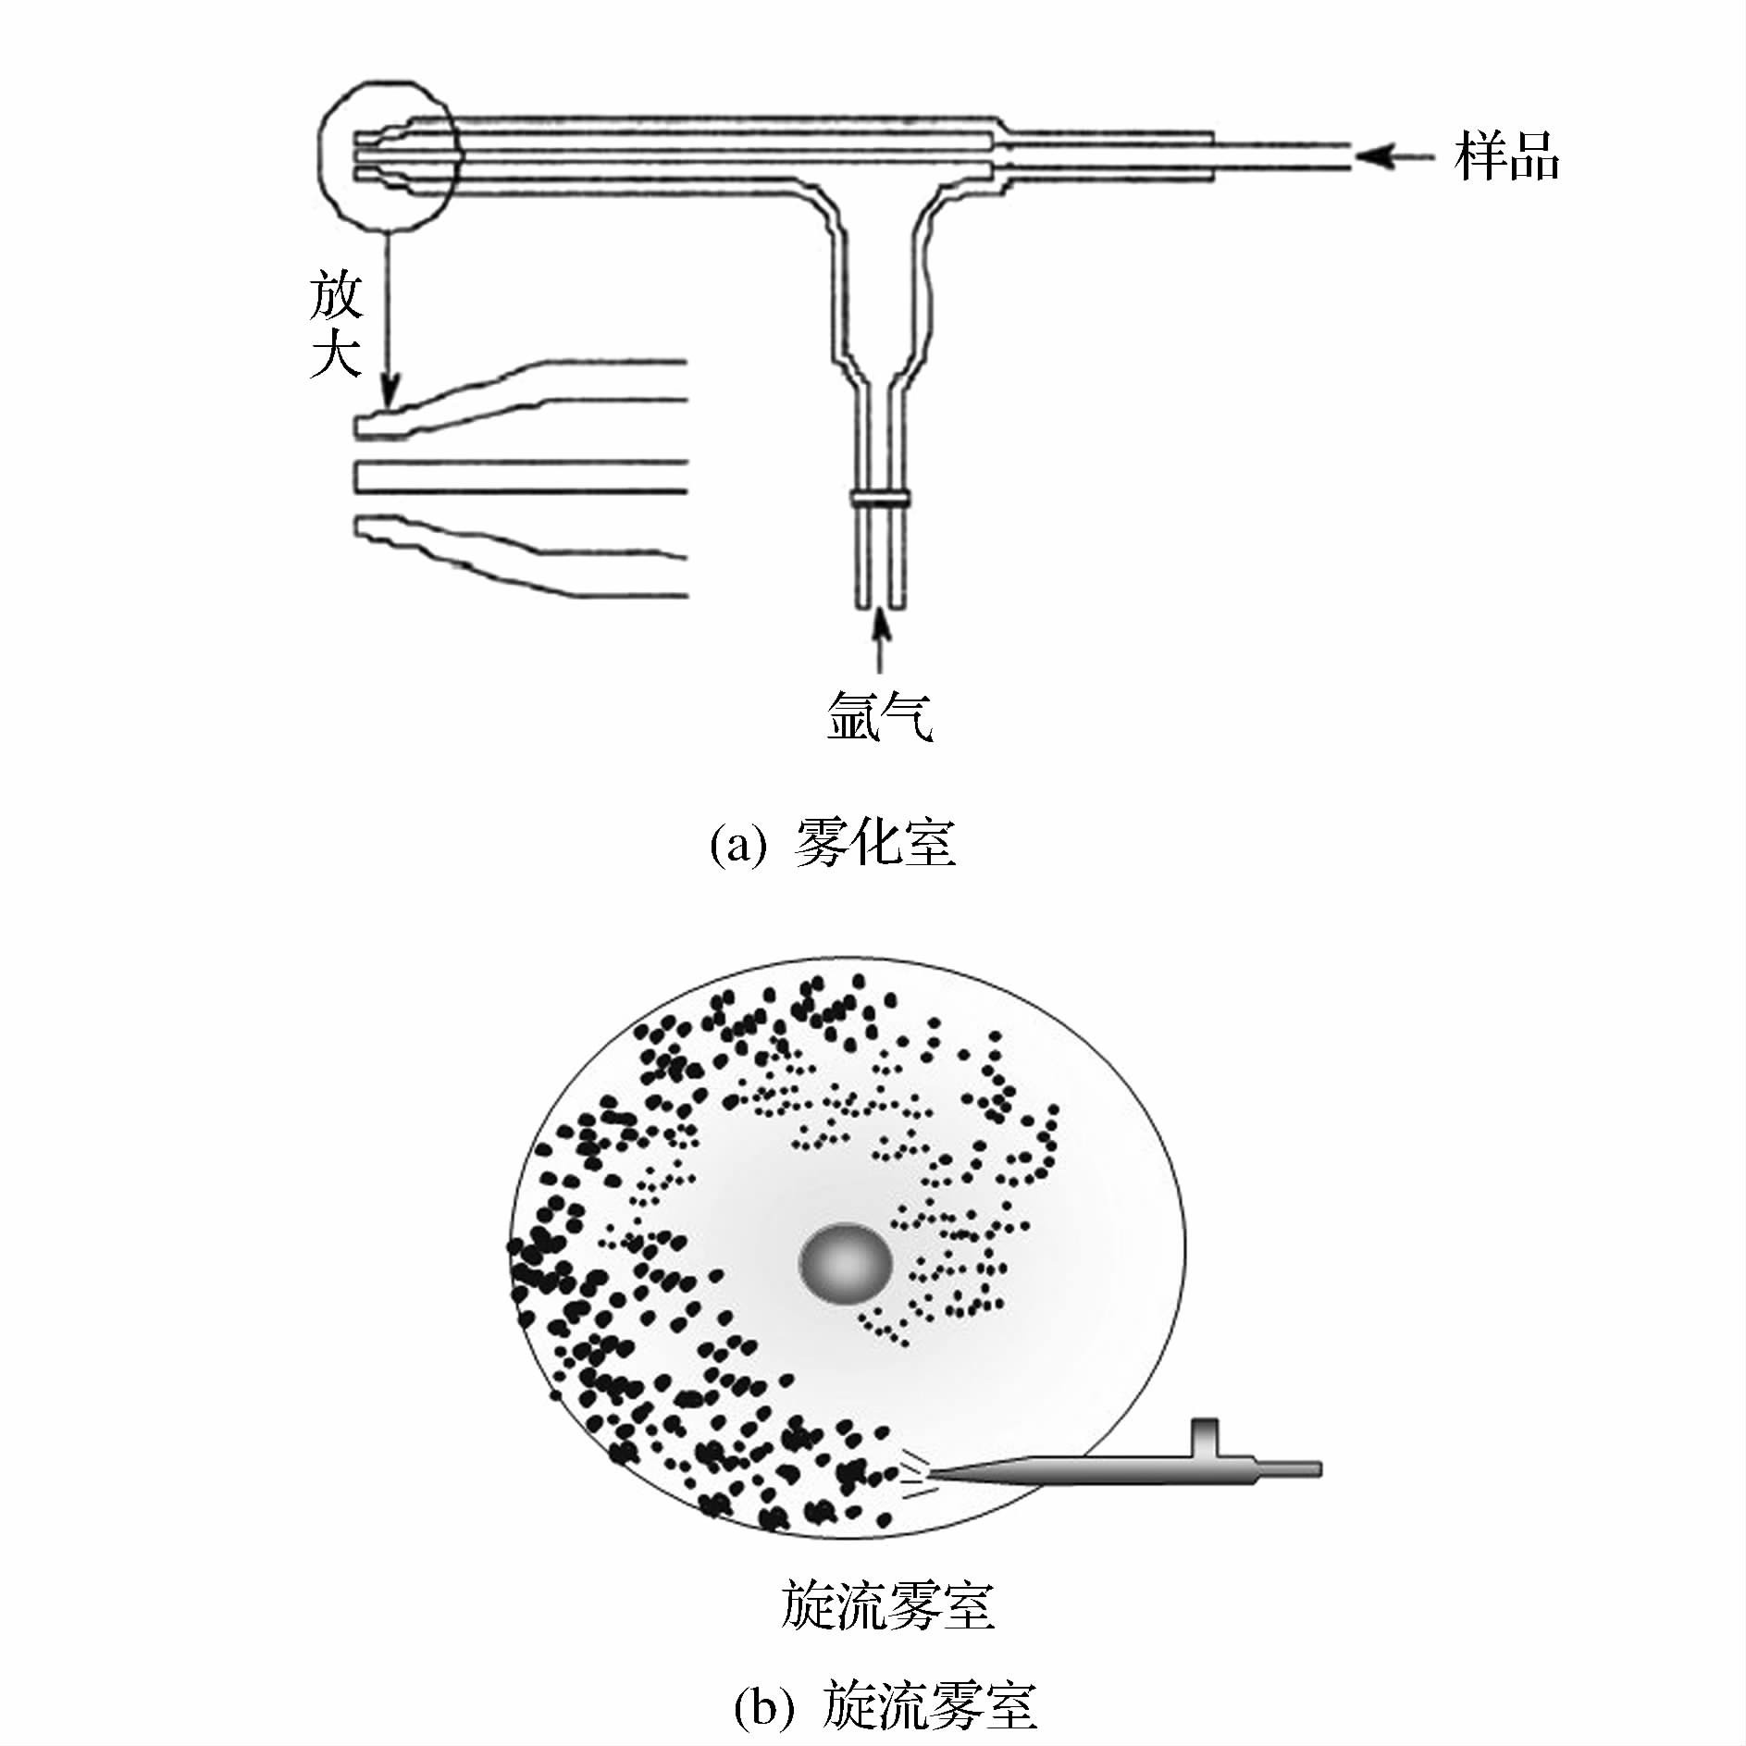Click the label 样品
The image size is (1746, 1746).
(1506, 156)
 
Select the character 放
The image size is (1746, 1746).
(335, 295)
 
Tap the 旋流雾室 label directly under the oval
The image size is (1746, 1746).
(886, 1605)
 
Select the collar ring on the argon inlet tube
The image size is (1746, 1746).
(880, 499)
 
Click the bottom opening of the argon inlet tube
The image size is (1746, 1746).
(880, 606)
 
